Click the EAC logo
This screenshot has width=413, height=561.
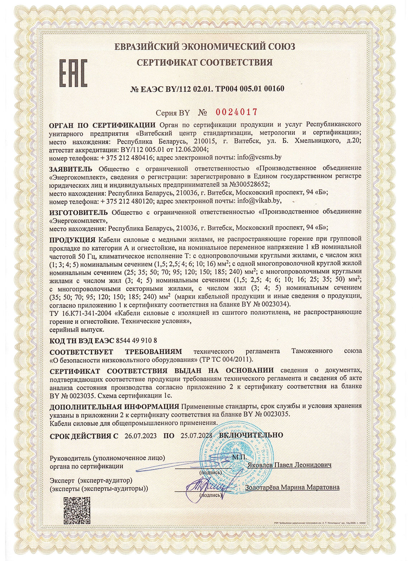[x=73, y=74]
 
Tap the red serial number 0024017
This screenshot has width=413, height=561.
[x=236, y=112]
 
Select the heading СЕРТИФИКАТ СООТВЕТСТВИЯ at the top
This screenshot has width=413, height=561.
[x=205, y=62]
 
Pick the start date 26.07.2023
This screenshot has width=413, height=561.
[x=141, y=436]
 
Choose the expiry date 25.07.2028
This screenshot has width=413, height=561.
[x=197, y=436]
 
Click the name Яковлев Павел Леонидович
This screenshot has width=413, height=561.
[x=289, y=465]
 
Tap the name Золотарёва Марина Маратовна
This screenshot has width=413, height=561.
[x=292, y=487]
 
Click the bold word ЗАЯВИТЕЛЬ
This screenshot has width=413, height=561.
[x=71, y=169]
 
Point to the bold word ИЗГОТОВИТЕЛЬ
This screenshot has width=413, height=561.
[x=78, y=212]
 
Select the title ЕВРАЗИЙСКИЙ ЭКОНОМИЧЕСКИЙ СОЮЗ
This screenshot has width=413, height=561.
[x=205, y=47]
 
